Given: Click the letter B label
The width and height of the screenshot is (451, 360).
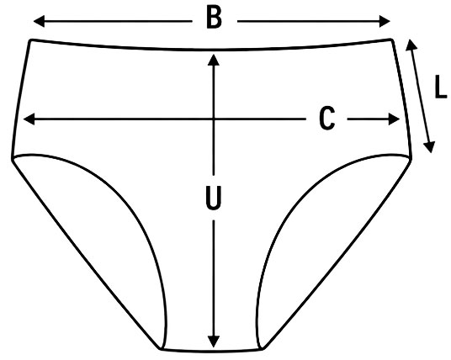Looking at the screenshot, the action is pos(215,18).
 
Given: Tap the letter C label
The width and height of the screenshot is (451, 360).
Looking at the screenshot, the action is pos(327,119).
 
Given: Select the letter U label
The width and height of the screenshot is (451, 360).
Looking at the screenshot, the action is pos(214,198).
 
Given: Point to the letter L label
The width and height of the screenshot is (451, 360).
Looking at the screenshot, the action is pos(441,87).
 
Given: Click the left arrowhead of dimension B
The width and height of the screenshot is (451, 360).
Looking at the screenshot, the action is pos(39,21).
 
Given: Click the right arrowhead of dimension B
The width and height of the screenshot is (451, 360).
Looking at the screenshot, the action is pos(385,21).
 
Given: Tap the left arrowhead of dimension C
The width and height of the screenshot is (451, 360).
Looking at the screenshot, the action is pos(29,119).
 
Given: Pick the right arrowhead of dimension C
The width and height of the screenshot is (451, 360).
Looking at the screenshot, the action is pos(394,119).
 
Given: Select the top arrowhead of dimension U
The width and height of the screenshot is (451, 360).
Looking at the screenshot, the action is pos(214,60).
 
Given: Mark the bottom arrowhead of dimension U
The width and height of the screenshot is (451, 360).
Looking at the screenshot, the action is pos(214,341).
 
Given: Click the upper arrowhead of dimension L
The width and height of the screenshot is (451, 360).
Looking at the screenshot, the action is pos(411,45).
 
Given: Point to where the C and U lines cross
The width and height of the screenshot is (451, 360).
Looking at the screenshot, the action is pos(214,119).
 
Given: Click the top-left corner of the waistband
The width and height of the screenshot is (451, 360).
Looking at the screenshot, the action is pos(30,40).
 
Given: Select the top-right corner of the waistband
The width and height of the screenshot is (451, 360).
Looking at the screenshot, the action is pos(392,40).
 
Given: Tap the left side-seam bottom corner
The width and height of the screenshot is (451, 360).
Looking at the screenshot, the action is pos(13,158).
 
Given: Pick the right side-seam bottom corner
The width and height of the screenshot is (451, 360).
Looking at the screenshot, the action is pos(411,157).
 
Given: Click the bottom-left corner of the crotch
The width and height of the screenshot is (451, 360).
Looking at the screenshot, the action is pos(161,349).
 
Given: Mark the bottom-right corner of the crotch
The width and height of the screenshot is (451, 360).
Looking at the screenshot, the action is pos(263,349).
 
